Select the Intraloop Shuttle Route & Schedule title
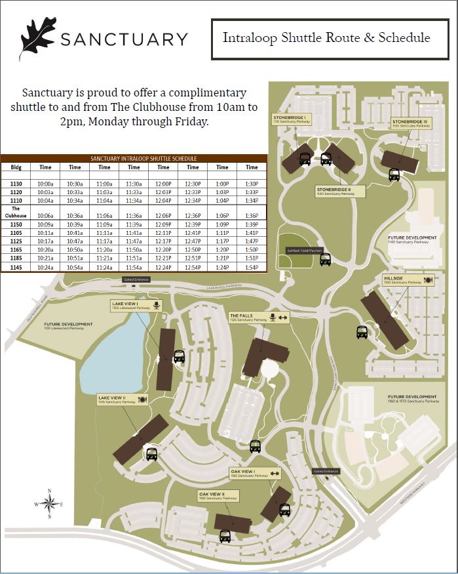click(x=326, y=37)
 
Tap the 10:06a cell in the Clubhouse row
click(x=45, y=215)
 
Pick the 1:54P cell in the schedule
click(x=252, y=268)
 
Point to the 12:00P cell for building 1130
click(x=163, y=184)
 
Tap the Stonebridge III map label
click(x=410, y=123)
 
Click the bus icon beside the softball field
click(x=326, y=259)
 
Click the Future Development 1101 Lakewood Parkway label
click(x=68, y=326)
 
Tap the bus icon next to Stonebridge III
click(x=394, y=174)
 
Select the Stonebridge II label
click(x=334, y=190)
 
